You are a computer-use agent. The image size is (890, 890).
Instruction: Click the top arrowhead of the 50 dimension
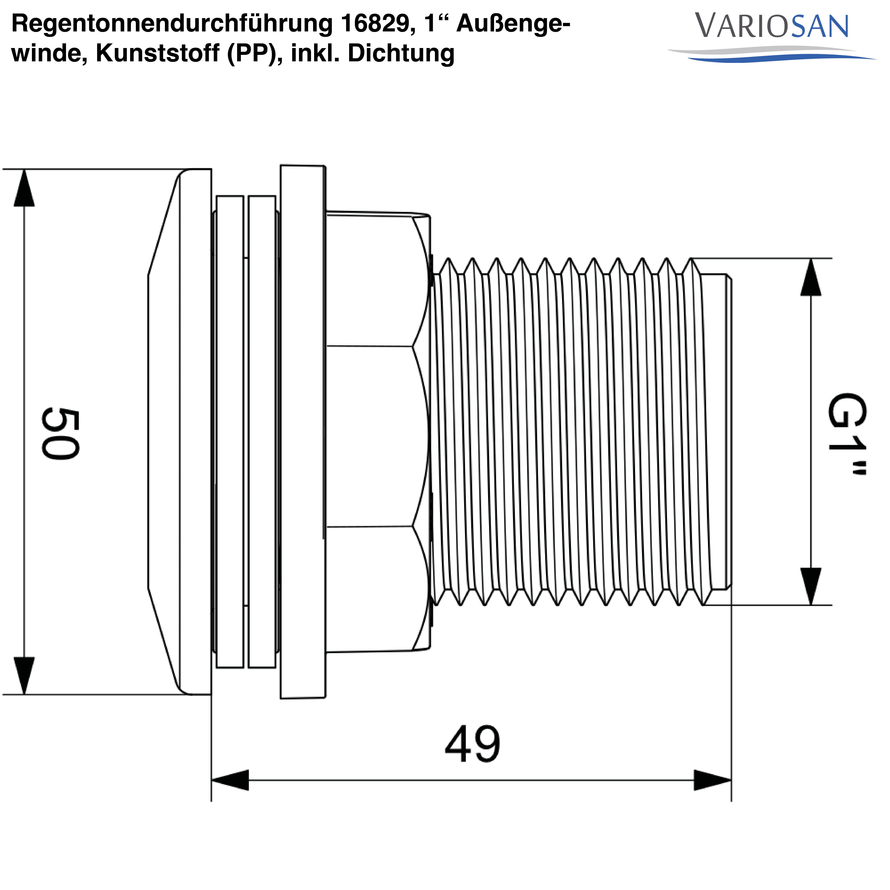click(24, 189)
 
